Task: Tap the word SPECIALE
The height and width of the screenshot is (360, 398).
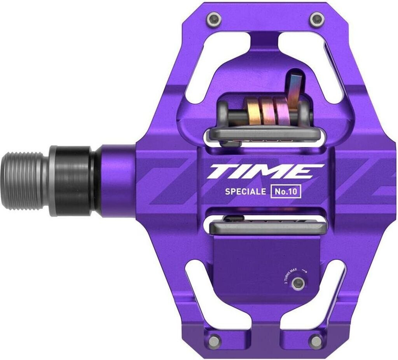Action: click(x=245, y=191)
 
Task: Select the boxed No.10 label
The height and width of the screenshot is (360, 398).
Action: click(x=286, y=191)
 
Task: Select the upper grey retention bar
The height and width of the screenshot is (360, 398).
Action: click(x=264, y=134)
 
